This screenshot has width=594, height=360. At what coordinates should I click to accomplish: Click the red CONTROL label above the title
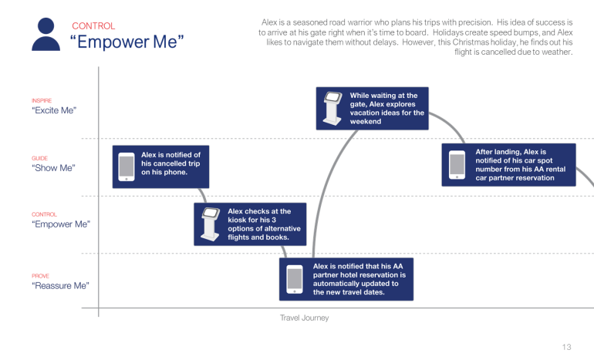point(93,26)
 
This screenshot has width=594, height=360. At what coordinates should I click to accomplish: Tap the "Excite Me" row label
point(54,110)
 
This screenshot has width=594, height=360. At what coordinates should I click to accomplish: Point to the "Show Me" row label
point(53,167)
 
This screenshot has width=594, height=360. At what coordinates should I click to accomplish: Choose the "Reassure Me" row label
point(60,285)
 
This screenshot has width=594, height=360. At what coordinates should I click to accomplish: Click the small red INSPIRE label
point(42,100)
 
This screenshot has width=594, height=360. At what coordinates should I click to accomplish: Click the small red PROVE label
point(40,275)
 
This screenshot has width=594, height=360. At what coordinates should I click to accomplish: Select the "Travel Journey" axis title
point(304,317)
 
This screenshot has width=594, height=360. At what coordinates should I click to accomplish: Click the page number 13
point(567,347)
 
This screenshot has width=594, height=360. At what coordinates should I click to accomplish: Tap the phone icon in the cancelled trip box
point(126,167)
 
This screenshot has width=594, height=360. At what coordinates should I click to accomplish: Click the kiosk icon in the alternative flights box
point(208,224)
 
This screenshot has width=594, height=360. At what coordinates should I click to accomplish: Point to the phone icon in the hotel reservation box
point(294,279)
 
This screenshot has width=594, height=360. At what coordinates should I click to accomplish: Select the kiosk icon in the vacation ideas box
point(332,108)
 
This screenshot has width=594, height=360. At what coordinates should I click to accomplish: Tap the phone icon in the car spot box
point(457,165)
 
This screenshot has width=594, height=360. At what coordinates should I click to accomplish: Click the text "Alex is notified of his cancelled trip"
point(170,163)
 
